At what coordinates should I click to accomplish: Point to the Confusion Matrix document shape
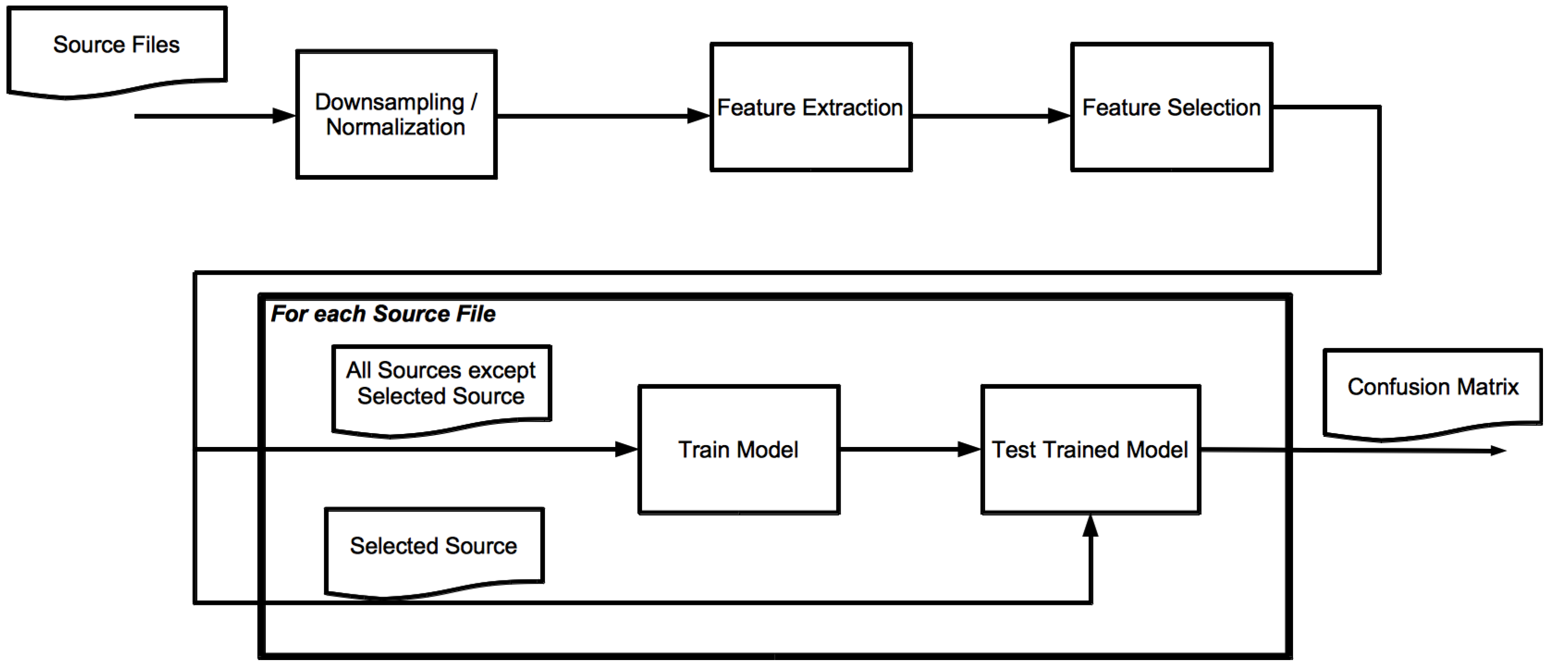pos(1432,391)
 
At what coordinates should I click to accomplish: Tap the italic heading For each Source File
pos(383,314)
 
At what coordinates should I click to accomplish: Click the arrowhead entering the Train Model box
pos(626,449)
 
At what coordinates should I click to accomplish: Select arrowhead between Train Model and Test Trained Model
pos(969,449)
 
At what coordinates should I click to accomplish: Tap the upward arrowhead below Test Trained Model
pos(1090,526)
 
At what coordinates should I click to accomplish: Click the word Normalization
pos(396,127)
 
